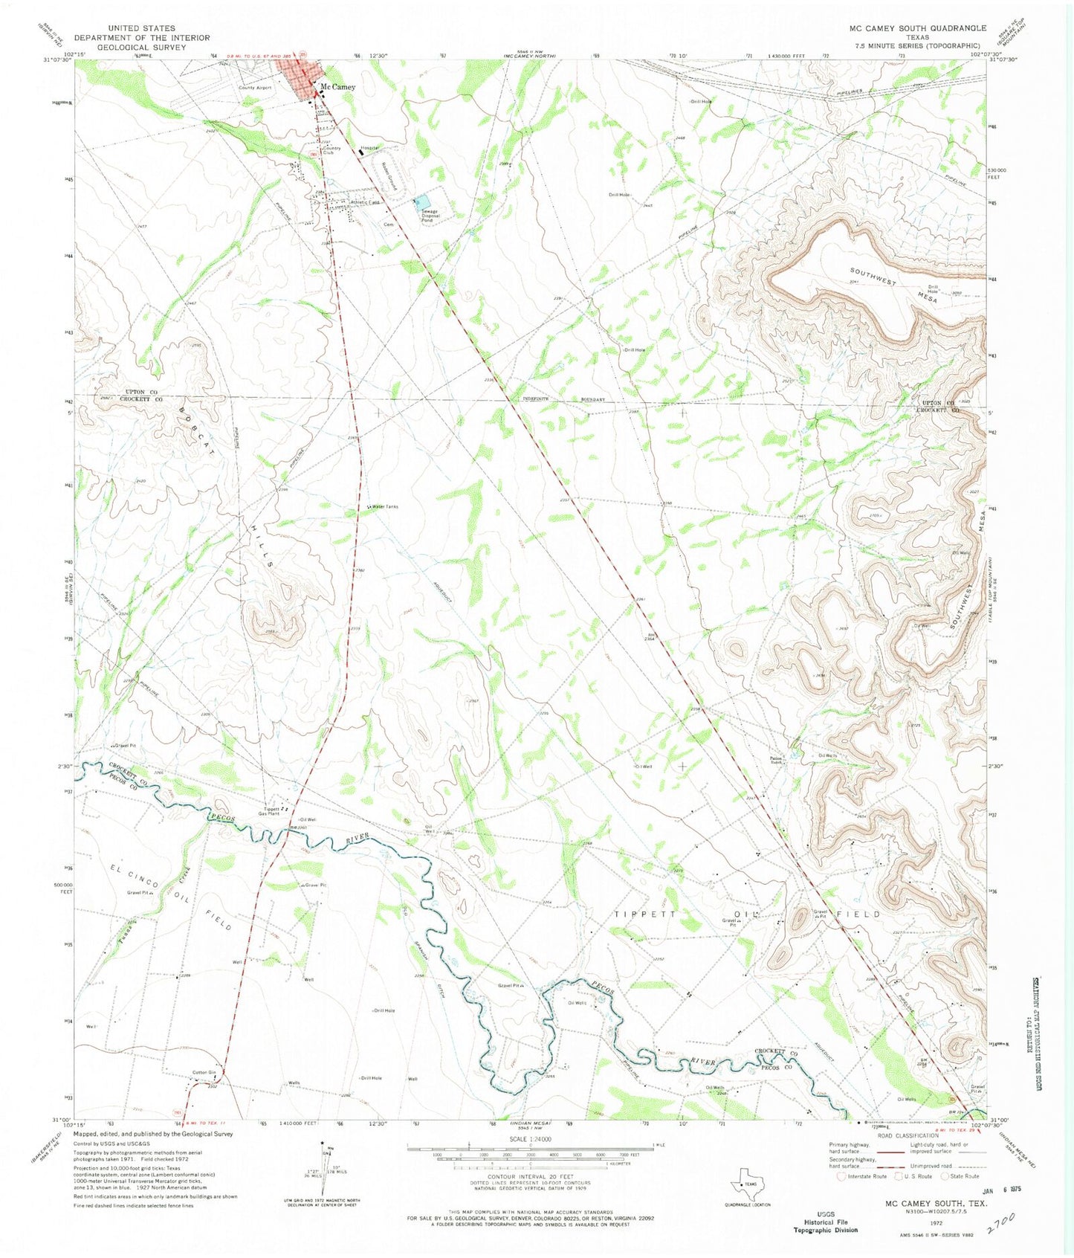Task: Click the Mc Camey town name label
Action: [x=337, y=87]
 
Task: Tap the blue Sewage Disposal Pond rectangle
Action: [x=422, y=202]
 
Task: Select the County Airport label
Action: [x=255, y=88]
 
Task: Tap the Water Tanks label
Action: [x=386, y=507]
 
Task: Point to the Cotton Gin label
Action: [x=204, y=1072]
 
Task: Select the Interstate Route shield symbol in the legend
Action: [x=841, y=1177]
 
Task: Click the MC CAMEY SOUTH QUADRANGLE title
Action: [x=917, y=28]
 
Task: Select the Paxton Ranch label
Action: [x=777, y=759]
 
